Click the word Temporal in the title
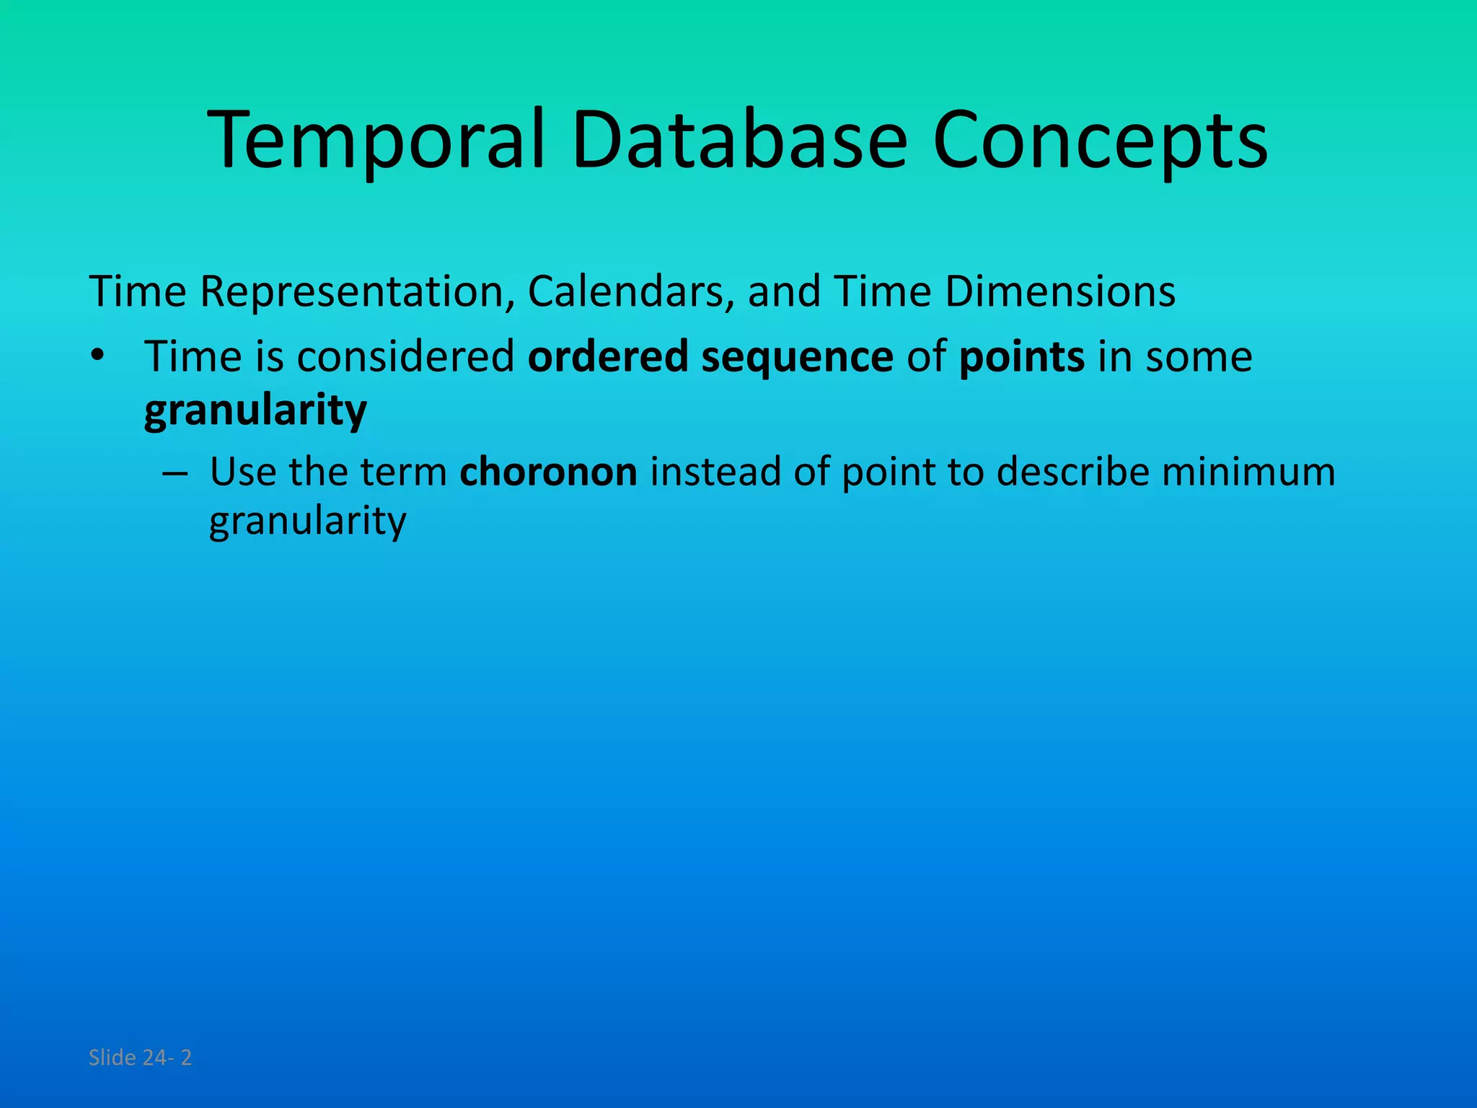click(x=376, y=140)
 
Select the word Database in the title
click(x=738, y=140)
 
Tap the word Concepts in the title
click(x=1099, y=140)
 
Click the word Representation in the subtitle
click(x=351, y=292)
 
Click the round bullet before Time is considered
click(x=98, y=356)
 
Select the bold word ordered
click(x=608, y=356)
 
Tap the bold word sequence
click(x=797, y=358)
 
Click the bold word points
click(x=1021, y=356)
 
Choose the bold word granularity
click(x=255, y=411)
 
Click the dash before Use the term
click(x=175, y=473)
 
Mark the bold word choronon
click(x=548, y=472)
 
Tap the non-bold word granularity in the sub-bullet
click(x=308, y=521)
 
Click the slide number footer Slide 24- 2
click(x=140, y=1058)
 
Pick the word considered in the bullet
click(x=405, y=356)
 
